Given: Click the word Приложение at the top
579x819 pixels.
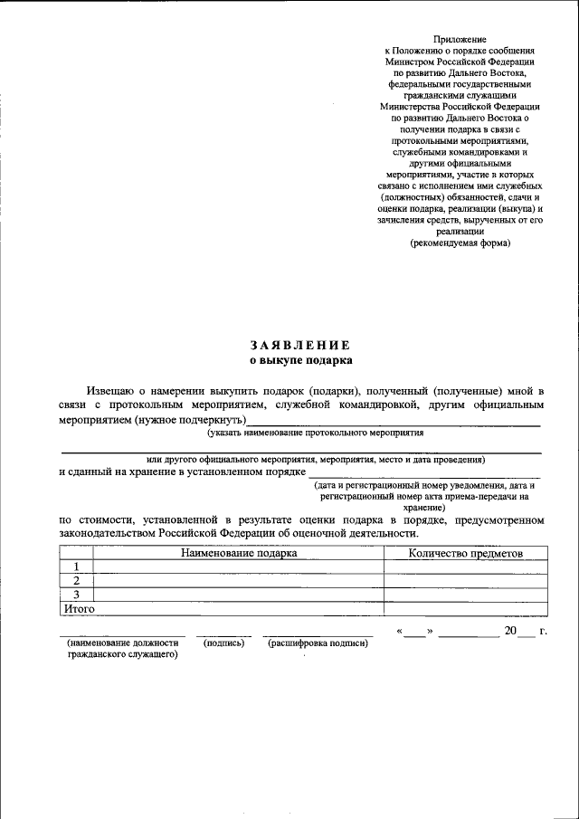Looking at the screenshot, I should tap(460, 40).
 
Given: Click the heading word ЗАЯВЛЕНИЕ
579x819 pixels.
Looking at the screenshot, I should tap(300, 345).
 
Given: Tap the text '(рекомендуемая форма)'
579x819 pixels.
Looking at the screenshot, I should tap(460, 243).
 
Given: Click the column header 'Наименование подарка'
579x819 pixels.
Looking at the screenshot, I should tap(239, 553).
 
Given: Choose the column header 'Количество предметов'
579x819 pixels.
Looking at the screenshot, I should tap(465, 553).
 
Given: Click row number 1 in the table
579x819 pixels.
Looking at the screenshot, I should tap(77, 567).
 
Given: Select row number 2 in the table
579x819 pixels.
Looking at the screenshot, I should tap(77, 581).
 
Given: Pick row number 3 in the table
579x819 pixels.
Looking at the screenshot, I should tap(77, 595).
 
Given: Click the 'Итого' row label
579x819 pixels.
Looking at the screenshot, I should tap(79, 609).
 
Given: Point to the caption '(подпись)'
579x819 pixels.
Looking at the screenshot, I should tap(223, 643).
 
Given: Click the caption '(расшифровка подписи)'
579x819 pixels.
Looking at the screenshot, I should tap(317, 643).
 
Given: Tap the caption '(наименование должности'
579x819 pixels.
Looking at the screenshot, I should tap(123, 643).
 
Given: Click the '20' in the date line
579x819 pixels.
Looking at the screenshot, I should tap(511, 630).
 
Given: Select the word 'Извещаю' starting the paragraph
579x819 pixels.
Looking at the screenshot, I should tap(115, 389).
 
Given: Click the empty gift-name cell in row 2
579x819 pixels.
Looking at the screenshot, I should tap(239, 581).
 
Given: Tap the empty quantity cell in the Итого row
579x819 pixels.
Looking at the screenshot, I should tap(465, 609).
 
